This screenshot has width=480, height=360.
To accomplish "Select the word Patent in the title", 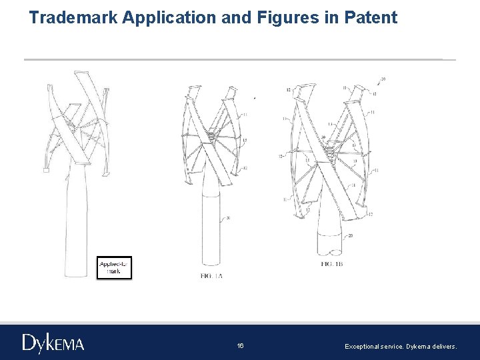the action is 371,17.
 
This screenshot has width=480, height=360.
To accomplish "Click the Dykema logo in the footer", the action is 53,343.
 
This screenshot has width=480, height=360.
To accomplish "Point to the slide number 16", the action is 240,346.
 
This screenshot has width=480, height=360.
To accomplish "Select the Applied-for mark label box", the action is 114,267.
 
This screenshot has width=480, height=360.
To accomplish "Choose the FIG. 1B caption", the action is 331,265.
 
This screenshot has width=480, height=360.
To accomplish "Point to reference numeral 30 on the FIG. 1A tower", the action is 228,218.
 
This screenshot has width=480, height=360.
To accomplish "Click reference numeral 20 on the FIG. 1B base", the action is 350,235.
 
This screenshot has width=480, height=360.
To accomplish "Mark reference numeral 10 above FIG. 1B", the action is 382,79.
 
